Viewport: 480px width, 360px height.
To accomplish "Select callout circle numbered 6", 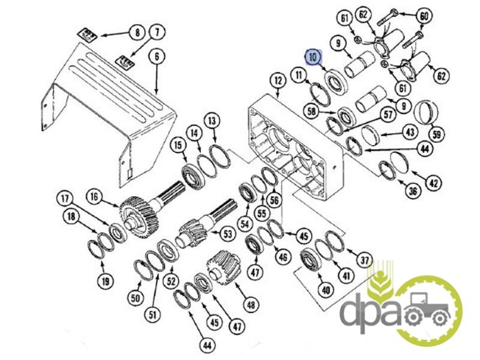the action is click(157, 56).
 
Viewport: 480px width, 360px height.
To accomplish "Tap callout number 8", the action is click(137, 32).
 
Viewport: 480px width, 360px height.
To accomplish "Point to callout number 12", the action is click(278, 81).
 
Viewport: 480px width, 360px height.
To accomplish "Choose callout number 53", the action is click(228, 234).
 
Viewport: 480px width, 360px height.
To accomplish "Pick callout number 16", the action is click(94, 197).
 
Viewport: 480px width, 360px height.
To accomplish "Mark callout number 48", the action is click(251, 305).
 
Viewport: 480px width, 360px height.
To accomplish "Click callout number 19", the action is click(106, 281).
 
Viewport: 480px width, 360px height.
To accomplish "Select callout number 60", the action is click(424, 16).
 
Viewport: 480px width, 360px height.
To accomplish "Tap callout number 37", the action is click(364, 260).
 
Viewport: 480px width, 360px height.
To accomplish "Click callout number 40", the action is click(325, 289).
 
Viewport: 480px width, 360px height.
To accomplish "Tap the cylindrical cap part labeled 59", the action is click(426, 112).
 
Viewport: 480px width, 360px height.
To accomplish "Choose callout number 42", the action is click(433, 183).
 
